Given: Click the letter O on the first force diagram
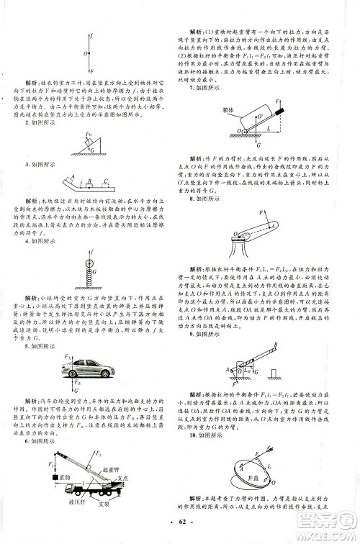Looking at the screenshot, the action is pos(86,53).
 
